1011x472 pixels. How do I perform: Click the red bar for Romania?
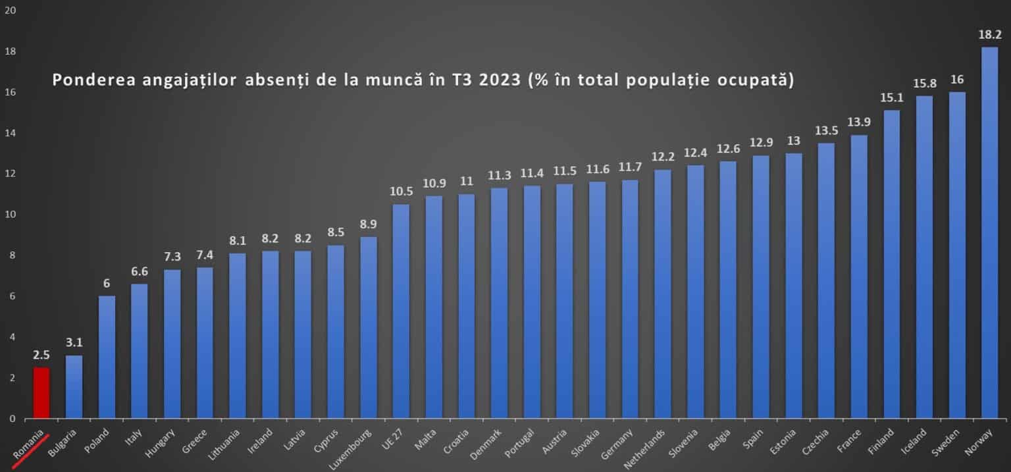click(41, 392)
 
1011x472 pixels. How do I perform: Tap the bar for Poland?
click(107, 357)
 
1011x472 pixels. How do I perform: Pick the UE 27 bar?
click(401, 311)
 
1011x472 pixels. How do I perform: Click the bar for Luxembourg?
click(369, 327)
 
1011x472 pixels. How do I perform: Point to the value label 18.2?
click(989, 35)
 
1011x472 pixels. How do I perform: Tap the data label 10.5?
click(401, 192)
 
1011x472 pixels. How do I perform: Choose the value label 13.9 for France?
click(859, 123)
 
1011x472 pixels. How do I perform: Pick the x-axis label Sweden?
click(948, 440)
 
